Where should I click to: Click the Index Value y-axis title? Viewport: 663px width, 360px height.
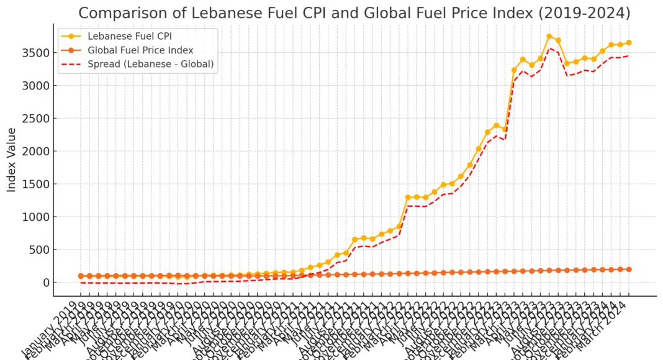click(x=12, y=160)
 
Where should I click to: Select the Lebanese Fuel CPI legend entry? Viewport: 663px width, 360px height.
click(x=129, y=36)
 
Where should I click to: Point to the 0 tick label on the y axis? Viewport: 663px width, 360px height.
click(x=46, y=283)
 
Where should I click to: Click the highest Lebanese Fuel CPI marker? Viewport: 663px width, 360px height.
click(x=549, y=37)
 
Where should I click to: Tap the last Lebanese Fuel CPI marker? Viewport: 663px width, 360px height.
click(x=629, y=43)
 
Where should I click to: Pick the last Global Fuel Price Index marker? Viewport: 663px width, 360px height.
click(x=629, y=269)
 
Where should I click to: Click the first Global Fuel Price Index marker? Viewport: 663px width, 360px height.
click(x=81, y=276)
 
